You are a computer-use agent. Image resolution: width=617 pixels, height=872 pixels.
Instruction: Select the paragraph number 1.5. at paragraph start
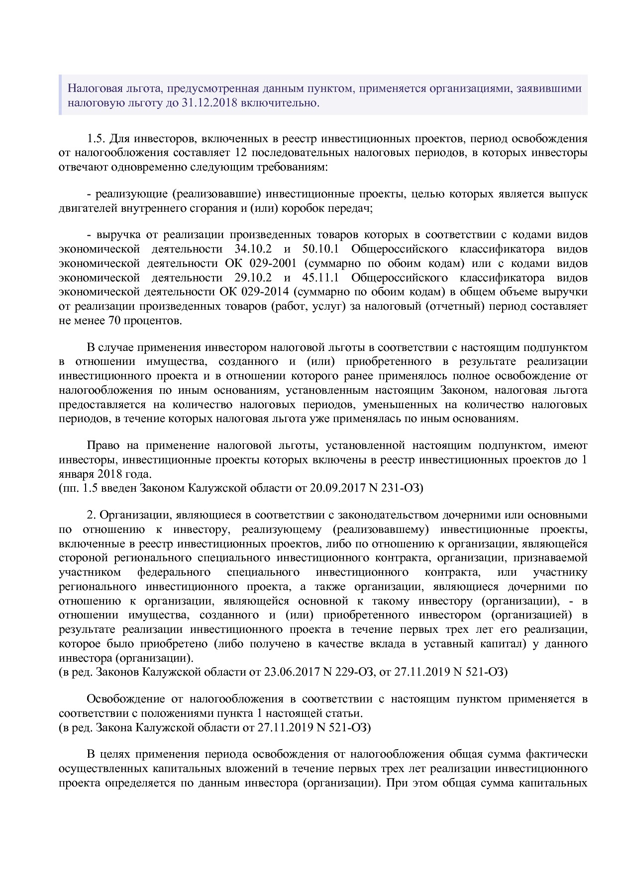coord(97,138)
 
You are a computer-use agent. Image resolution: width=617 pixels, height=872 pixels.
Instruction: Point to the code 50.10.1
coord(320,249)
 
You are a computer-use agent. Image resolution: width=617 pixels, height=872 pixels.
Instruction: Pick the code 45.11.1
coord(320,277)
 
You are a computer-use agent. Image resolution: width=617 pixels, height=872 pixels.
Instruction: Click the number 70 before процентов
coord(113,320)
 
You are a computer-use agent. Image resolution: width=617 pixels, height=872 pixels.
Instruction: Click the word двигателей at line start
coord(88,208)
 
